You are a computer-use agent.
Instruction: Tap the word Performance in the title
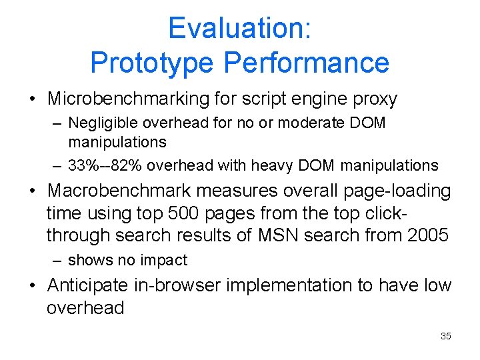(x=307, y=63)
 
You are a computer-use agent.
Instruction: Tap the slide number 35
(x=446, y=336)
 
